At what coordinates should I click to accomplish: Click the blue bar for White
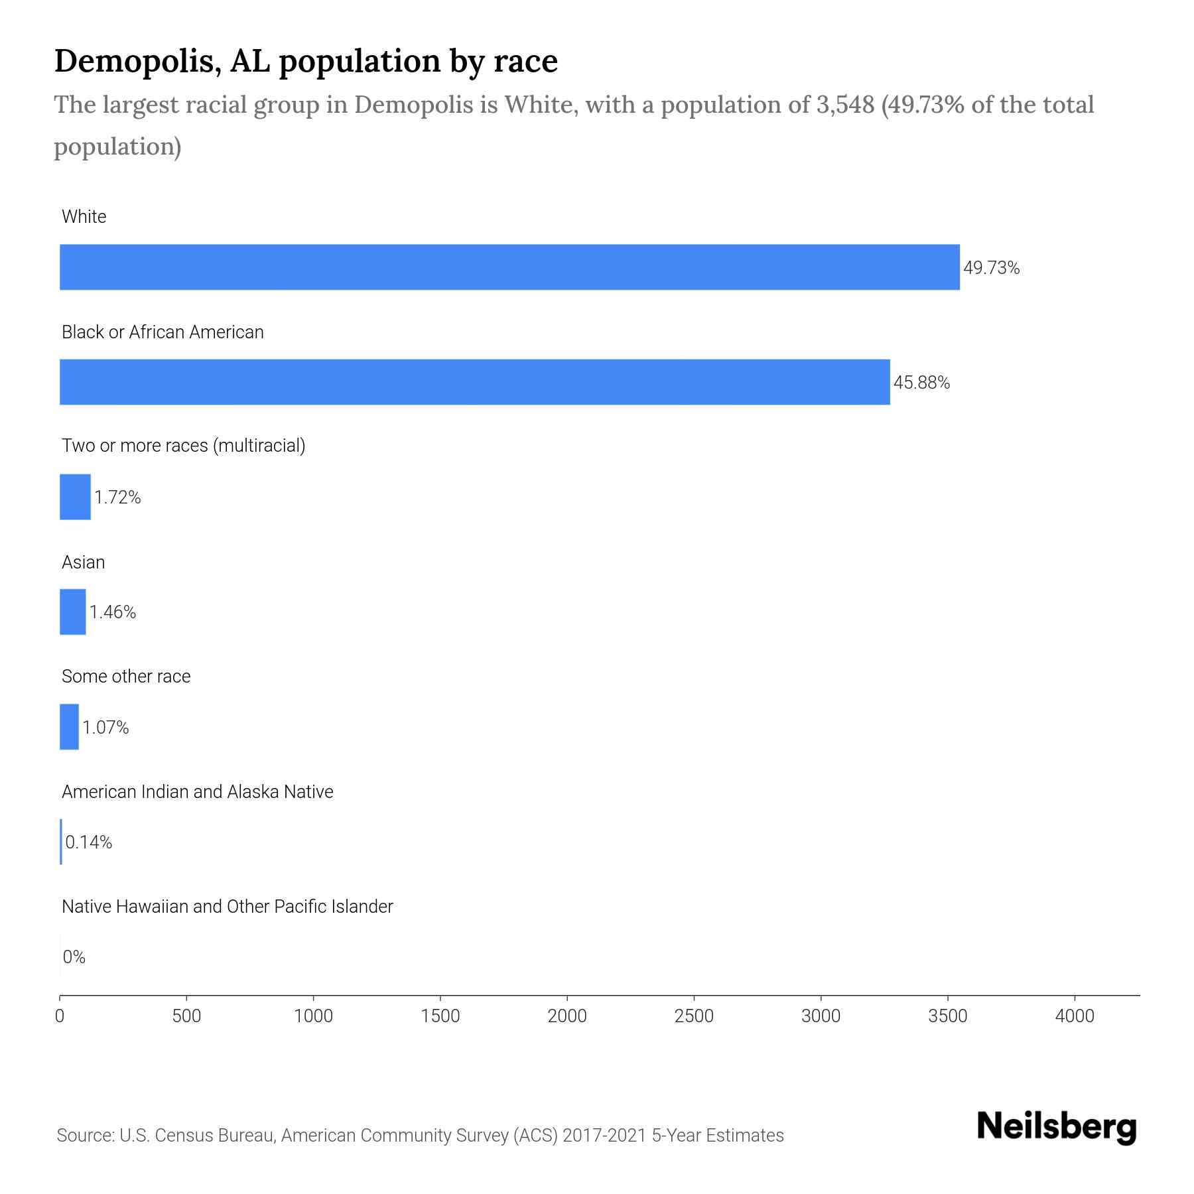pos(509,267)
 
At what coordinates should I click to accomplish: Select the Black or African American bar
pos(474,382)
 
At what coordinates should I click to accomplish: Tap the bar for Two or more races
pos(75,497)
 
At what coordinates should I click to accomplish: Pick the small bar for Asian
pos(72,612)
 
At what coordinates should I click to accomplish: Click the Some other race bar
pos(69,727)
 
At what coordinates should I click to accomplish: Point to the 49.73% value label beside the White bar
pos(991,268)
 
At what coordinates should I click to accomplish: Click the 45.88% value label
pos(921,383)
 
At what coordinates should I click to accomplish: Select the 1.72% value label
pos(117,497)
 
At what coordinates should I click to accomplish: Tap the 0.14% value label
pos(89,842)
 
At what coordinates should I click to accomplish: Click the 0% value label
pos(74,957)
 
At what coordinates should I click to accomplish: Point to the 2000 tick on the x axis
pos(567,1016)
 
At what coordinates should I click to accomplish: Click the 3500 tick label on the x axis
pos(947,1016)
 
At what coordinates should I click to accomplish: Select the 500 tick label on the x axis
pos(186,1016)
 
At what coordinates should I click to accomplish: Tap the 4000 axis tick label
pos(1075,1016)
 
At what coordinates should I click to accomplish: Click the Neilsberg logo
pos(1057,1127)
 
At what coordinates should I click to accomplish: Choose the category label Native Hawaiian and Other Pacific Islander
pos(227,907)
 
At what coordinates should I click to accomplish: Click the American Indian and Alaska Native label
pos(197,792)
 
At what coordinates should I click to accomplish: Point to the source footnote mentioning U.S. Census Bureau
pos(420,1136)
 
